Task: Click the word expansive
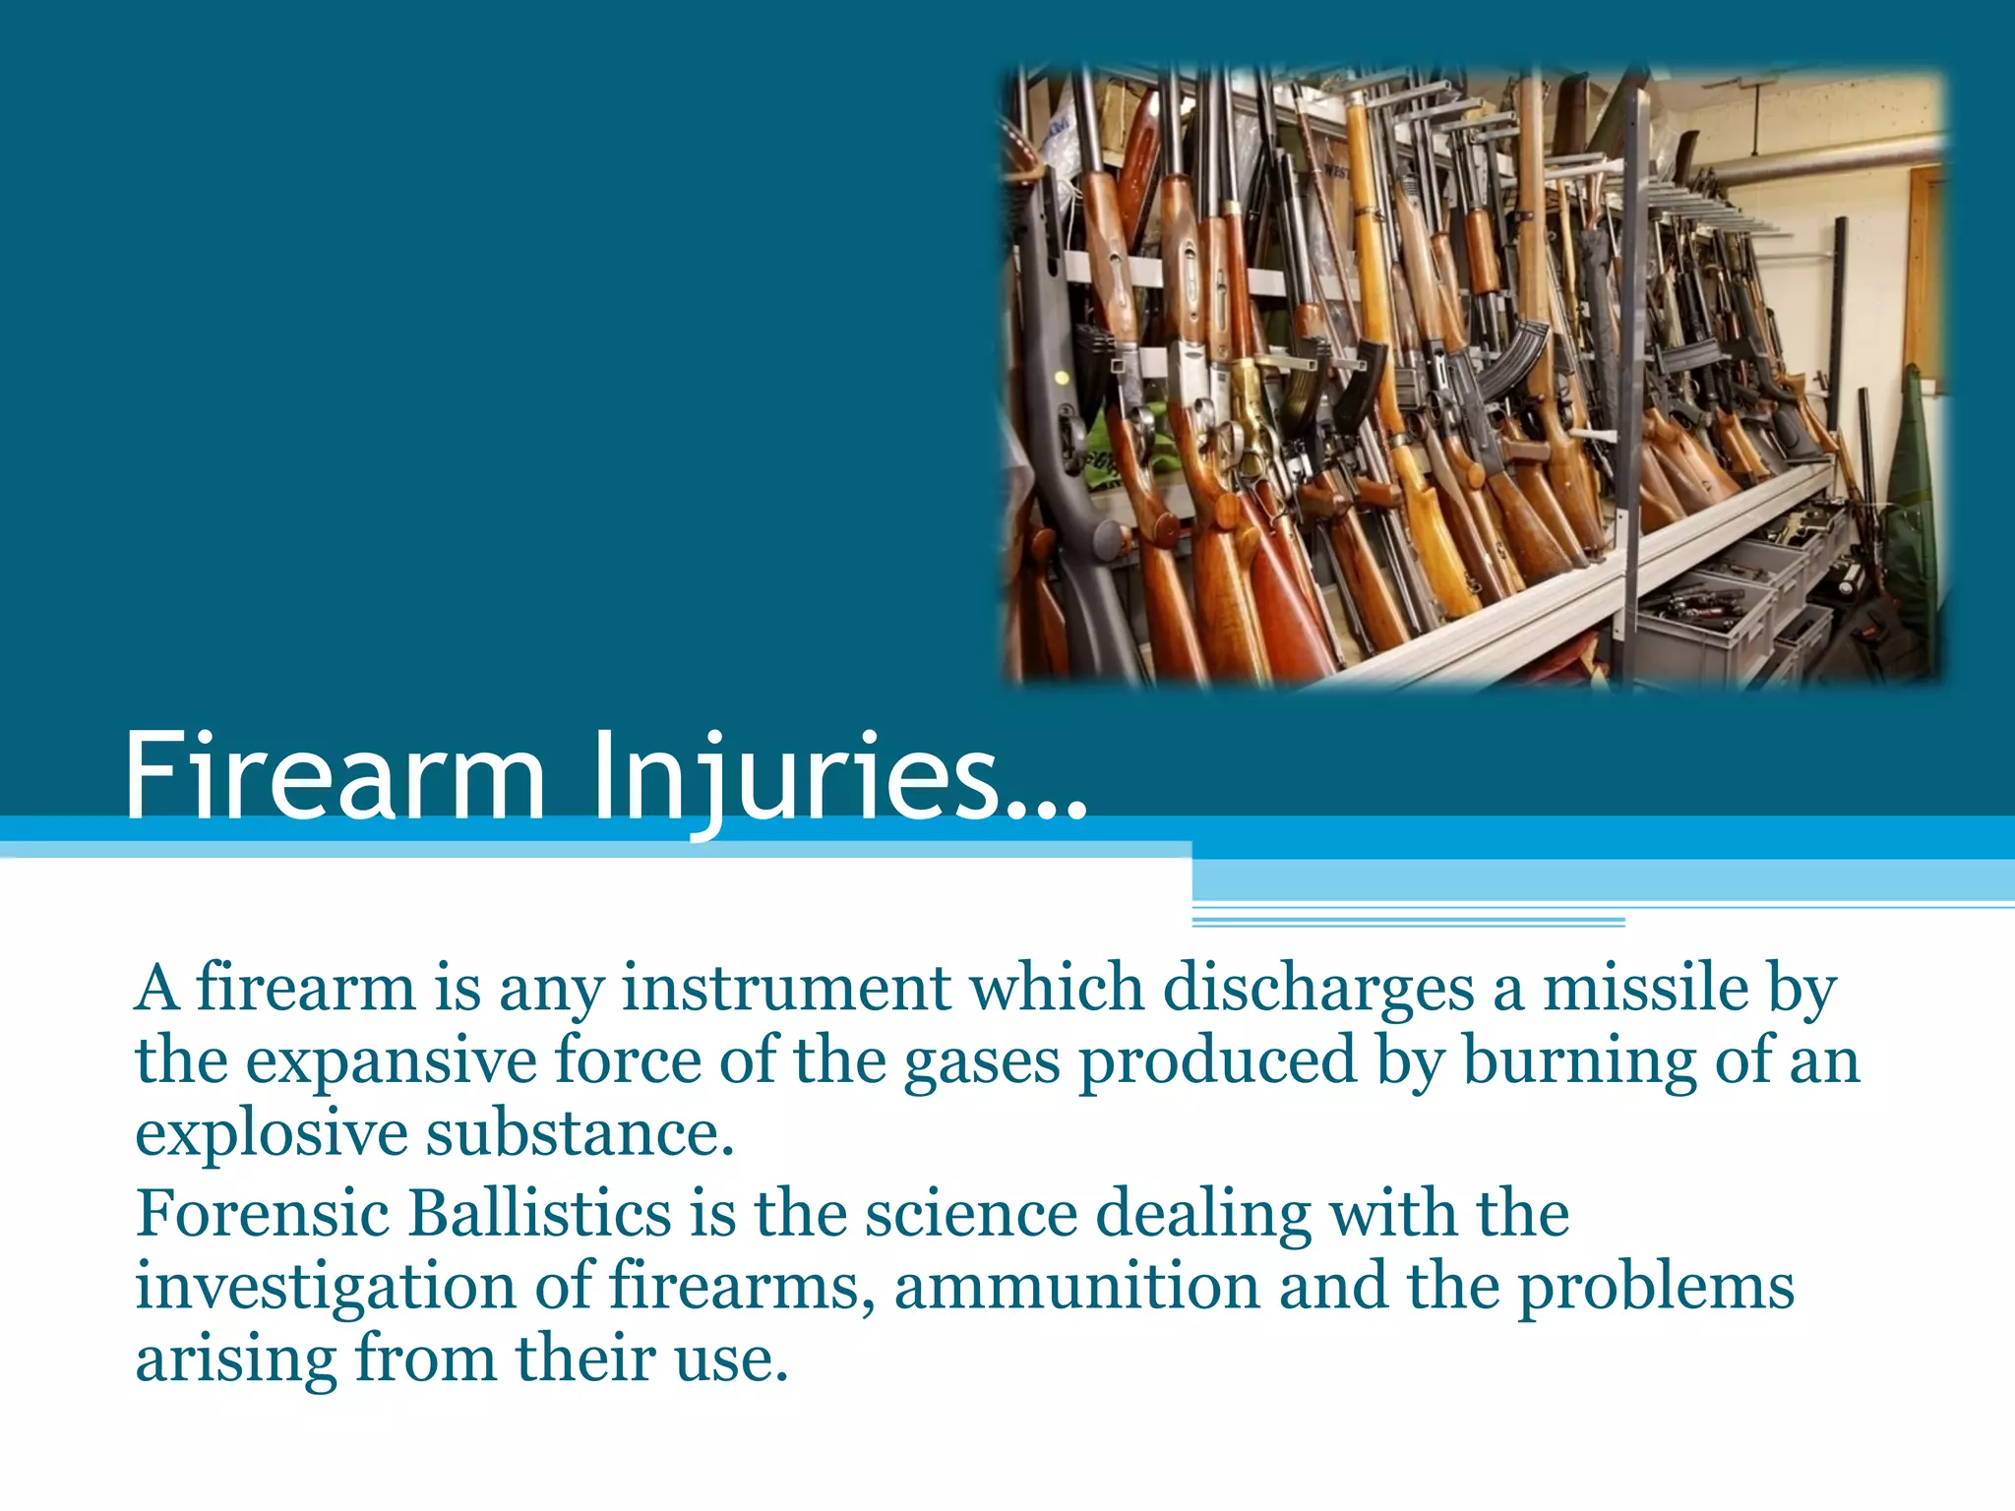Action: [x=391, y=1061]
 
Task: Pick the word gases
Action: [x=981, y=1061]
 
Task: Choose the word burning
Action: [x=1580, y=1061]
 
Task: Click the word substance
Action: [x=580, y=1134]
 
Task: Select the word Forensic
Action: [x=263, y=1212]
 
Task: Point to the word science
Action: [x=971, y=1212]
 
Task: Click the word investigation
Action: [x=326, y=1287]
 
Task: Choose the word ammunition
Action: [x=1077, y=1287]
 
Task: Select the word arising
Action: [x=236, y=1360]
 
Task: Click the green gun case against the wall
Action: [x=1914, y=492]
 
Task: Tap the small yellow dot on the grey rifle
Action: [x=1062, y=378]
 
